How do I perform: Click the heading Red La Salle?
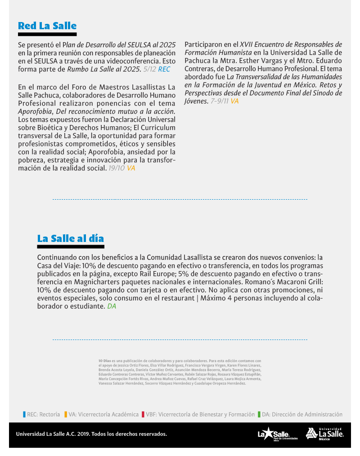(x=47, y=26)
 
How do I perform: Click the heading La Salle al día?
(x=70, y=238)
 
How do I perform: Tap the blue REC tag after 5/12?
(x=164, y=69)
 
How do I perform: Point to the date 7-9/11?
(x=220, y=101)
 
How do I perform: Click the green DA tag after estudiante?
(x=112, y=306)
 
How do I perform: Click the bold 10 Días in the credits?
(x=104, y=361)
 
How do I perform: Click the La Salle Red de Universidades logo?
(x=277, y=434)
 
